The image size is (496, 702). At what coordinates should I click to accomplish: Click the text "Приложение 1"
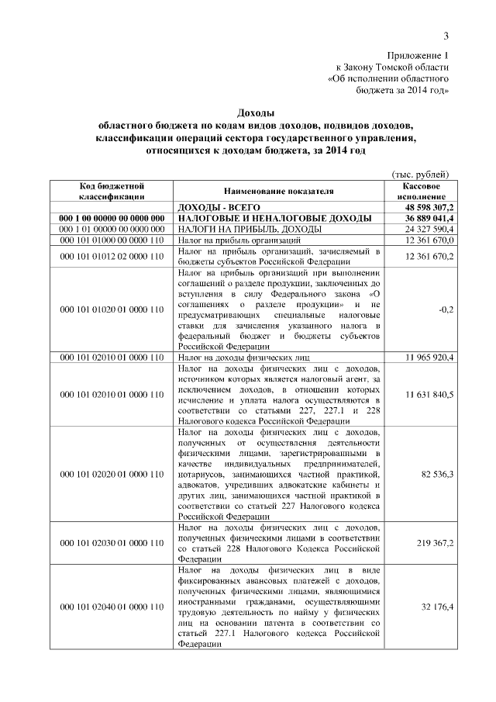pyautogui.click(x=418, y=55)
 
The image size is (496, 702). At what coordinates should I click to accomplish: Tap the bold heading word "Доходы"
pyautogui.click(x=255, y=113)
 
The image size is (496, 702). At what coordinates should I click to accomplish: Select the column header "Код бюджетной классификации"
pyautogui.click(x=113, y=191)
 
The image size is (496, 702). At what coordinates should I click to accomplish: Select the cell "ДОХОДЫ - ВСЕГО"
pyautogui.click(x=220, y=208)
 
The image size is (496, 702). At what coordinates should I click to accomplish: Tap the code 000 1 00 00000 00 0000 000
pyautogui.click(x=113, y=220)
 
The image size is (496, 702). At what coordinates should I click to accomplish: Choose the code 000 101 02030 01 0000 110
pyautogui.click(x=113, y=543)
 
